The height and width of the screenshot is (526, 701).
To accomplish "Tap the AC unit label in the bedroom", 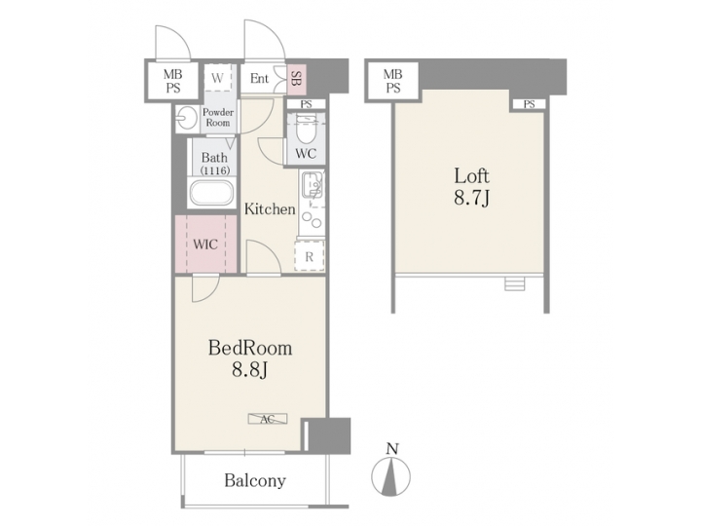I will tap(267, 419).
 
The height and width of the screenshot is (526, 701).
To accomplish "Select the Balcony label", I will tap(255, 480).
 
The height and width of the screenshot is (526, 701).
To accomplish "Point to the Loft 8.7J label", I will tap(472, 187).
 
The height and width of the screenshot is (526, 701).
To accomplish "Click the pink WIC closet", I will tap(205, 244).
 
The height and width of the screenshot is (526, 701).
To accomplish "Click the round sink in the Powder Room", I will tap(187, 119).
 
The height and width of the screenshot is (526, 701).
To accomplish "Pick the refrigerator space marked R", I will tap(309, 256).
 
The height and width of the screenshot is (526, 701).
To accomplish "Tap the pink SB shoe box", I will tap(295, 79).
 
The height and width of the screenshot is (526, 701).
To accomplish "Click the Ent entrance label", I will tap(260, 79).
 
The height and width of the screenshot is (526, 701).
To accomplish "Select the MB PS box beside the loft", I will tap(392, 80).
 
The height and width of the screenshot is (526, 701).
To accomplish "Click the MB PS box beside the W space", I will tap(172, 80).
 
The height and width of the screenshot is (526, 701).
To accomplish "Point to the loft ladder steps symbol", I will tap(515, 283).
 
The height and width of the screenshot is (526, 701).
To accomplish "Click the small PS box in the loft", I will tap(528, 104).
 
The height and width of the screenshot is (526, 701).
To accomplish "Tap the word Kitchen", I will tap(269, 208).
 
